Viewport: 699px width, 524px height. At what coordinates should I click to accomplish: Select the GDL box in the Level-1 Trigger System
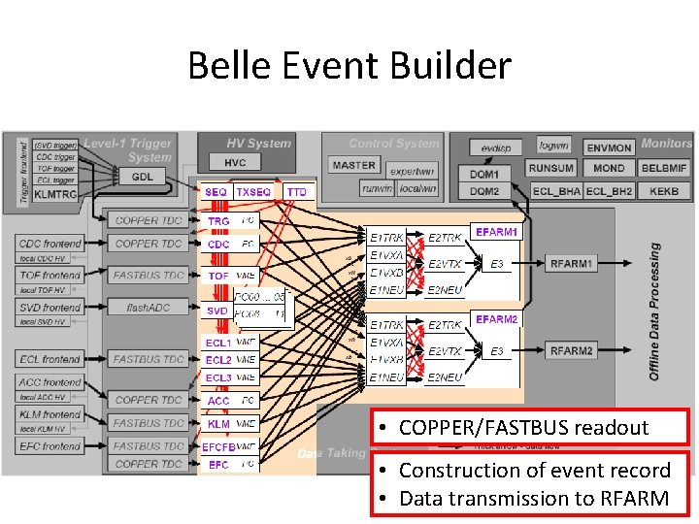pyautogui.click(x=143, y=177)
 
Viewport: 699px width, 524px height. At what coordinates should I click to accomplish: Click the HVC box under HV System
pyautogui.click(x=235, y=163)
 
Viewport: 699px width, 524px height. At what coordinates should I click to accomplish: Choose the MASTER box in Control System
pyautogui.click(x=353, y=165)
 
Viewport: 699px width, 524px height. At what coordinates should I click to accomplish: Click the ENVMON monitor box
pyautogui.click(x=609, y=147)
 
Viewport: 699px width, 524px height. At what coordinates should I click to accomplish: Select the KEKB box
pyautogui.click(x=664, y=191)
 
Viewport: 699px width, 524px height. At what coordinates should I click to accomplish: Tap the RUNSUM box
pyautogui.click(x=551, y=168)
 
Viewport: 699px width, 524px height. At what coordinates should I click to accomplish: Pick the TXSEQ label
pyautogui.click(x=254, y=192)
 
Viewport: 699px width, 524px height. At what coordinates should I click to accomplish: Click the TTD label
pyautogui.click(x=296, y=192)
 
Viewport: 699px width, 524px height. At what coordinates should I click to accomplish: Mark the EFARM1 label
pyautogui.click(x=496, y=232)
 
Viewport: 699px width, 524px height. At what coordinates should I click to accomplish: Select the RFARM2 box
pyautogui.click(x=572, y=350)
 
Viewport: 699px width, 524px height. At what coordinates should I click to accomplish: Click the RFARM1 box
pyautogui.click(x=572, y=263)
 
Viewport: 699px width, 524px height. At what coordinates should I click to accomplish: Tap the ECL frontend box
pyautogui.click(x=50, y=359)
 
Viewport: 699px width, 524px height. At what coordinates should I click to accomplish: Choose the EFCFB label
pyautogui.click(x=218, y=447)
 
